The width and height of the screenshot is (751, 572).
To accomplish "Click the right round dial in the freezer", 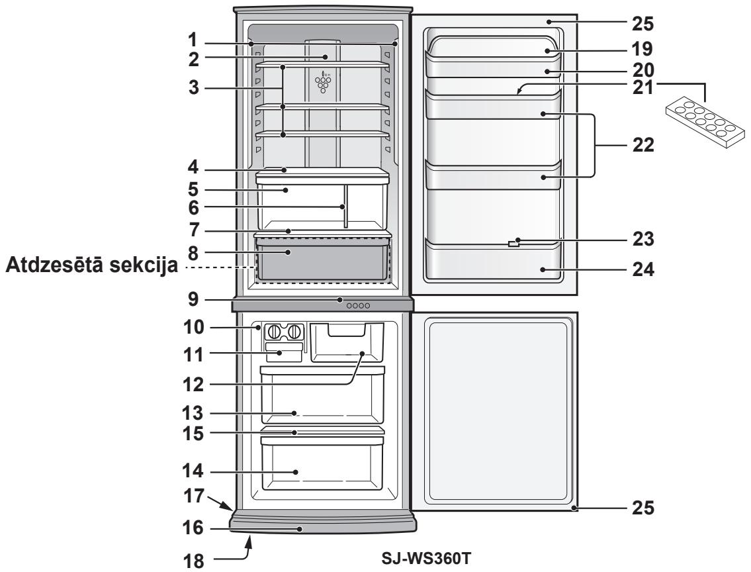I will coord(295,331).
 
